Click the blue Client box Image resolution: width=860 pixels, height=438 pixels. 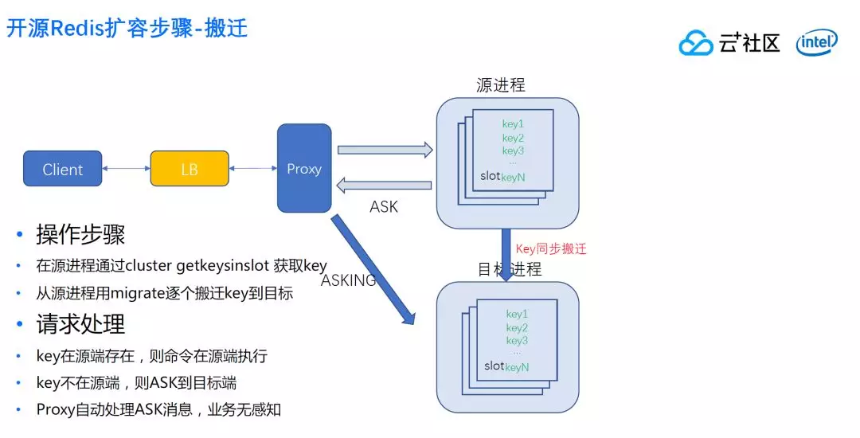pyautogui.click(x=62, y=169)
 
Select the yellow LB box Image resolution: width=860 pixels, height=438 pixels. pyautogui.click(x=189, y=169)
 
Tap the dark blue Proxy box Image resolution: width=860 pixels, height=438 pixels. pyautogui.click(x=304, y=168)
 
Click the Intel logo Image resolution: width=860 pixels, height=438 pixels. pyautogui.click(x=816, y=42)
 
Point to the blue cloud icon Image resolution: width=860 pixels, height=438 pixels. pyautogui.click(x=696, y=43)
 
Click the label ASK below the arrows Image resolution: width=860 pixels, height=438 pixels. pyautogui.click(x=384, y=207)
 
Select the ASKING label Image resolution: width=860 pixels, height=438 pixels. pyautogui.click(x=348, y=280)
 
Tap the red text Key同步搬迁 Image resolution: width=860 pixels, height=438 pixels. pyautogui.click(x=551, y=248)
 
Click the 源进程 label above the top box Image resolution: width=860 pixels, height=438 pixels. pyautogui.click(x=500, y=85)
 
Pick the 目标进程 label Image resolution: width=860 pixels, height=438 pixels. pyautogui.click(x=510, y=269)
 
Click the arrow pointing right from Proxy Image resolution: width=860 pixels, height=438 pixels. pyautogui.click(x=385, y=149)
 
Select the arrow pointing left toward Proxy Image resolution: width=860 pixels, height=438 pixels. pyautogui.click(x=384, y=186)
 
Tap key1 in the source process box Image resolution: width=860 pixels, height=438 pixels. pyautogui.click(x=513, y=123)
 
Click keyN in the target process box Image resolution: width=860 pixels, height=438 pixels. pyautogui.click(x=517, y=367)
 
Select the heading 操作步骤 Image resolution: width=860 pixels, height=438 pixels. pyautogui.click(x=80, y=235)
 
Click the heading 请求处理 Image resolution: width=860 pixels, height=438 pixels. pyautogui.click(x=80, y=325)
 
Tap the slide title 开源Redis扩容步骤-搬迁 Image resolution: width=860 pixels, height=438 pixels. pyautogui.click(x=127, y=29)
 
